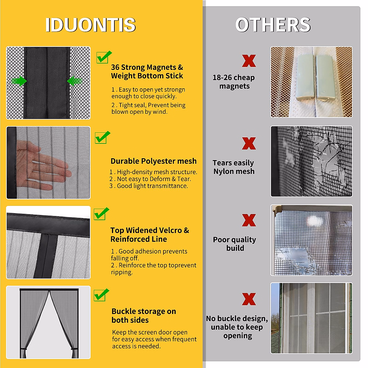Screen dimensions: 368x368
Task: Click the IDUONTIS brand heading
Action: [x=90, y=25]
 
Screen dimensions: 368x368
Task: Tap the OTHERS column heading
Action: [x=273, y=25]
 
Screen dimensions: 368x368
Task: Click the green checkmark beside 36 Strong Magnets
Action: [x=104, y=57]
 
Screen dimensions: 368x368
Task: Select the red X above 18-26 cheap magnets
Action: [x=249, y=61]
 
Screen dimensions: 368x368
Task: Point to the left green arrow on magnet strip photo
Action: [x=19, y=81]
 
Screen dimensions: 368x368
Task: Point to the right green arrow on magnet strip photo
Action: [x=74, y=81]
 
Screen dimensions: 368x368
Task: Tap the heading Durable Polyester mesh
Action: [x=153, y=161]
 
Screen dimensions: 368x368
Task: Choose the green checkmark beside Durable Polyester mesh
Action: [x=102, y=137]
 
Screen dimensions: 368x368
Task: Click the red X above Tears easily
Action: [x=249, y=143]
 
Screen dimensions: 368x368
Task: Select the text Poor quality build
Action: [x=235, y=244]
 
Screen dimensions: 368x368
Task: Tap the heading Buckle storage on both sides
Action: [x=144, y=316]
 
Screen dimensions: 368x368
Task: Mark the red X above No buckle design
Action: [x=249, y=299]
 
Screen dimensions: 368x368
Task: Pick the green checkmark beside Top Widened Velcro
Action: [x=101, y=214]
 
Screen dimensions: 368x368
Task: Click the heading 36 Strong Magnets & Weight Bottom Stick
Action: [x=147, y=71]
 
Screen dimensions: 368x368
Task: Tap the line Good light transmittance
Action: [x=149, y=186]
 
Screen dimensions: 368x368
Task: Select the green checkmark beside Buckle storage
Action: [x=101, y=295]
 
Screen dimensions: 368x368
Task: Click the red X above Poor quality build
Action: [x=249, y=220]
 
